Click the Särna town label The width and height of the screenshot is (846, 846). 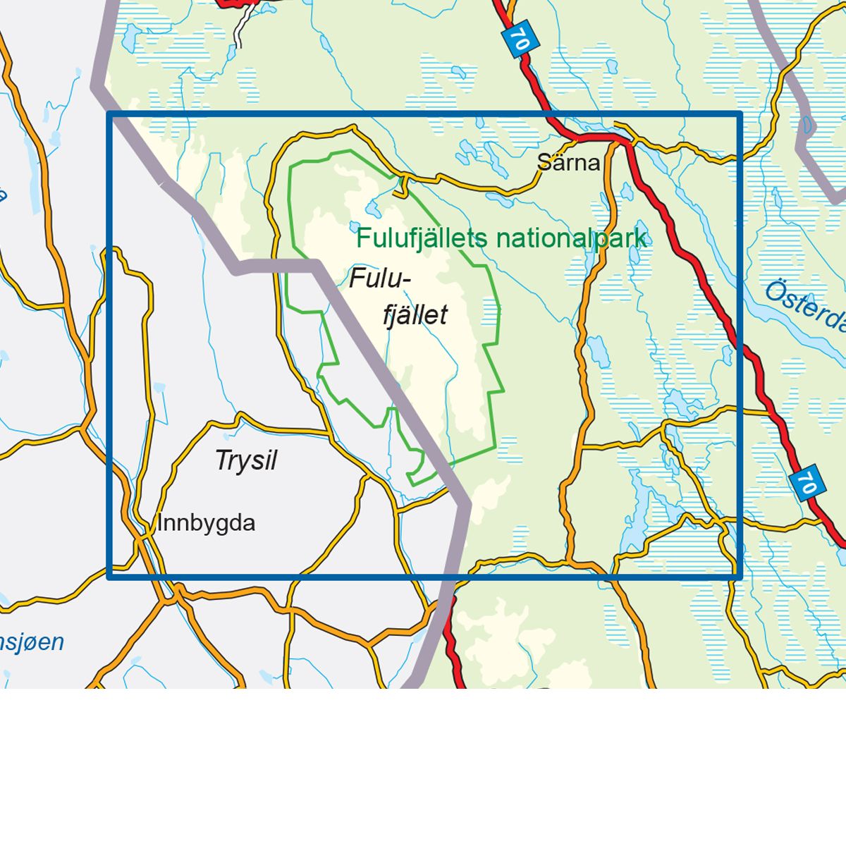(568, 163)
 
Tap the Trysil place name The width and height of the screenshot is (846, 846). (246, 460)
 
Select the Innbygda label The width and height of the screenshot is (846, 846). (206, 523)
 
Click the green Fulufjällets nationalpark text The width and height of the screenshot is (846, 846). (501, 238)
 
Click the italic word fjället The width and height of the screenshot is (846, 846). (415, 314)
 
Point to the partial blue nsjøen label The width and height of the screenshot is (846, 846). (32, 642)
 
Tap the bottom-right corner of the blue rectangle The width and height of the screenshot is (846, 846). (740, 577)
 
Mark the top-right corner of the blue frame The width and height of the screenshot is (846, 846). (740, 114)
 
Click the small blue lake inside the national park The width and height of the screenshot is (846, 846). (372, 209)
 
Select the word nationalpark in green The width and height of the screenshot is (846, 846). (571, 238)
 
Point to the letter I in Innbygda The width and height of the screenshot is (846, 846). (160, 523)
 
